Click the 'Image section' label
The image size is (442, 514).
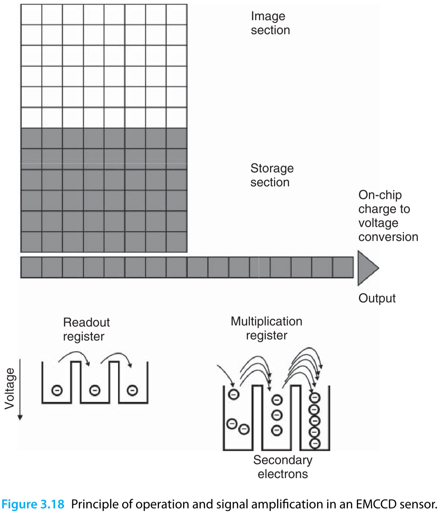pyautogui.click(x=270, y=23)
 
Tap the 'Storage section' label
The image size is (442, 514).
pyautogui.click(x=272, y=175)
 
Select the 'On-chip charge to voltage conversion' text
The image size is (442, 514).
pyautogui.click(x=388, y=216)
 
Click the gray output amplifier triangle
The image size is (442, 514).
pyautogui.click(x=366, y=268)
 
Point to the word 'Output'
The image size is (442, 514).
pyautogui.click(x=377, y=298)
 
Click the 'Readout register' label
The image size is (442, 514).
pyautogui.click(x=86, y=329)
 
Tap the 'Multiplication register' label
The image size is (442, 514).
pyautogui.click(x=266, y=328)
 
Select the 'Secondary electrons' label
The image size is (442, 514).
pyautogui.click(x=282, y=467)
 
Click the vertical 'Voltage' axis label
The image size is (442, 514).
pyautogui.click(x=10, y=389)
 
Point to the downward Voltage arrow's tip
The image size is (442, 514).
pyautogui.click(x=20, y=418)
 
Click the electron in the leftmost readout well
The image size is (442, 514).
pyautogui.click(x=57, y=391)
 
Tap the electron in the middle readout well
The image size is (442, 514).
pyautogui.click(x=94, y=391)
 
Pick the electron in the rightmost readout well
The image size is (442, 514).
pyautogui.click(x=132, y=391)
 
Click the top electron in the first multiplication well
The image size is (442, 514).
pyautogui.click(x=234, y=394)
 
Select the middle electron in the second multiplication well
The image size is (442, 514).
pyautogui.click(x=277, y=415)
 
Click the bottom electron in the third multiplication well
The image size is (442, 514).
pyautogui.click(x=314, y=443)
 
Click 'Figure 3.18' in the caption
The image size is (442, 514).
pyautogui.click(x=33, y=504)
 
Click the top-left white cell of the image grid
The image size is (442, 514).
pyautogui.click(x=31, y=15)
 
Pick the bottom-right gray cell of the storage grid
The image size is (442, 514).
pyautogui.click(x=177, y=242)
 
